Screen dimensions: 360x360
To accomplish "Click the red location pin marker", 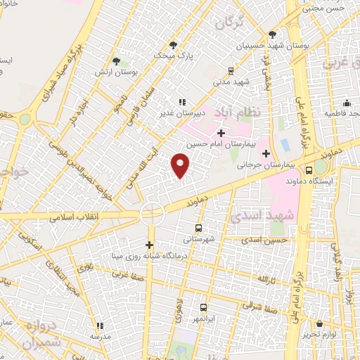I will pos(181,166).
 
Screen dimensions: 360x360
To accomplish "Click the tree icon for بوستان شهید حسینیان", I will pos(273,34).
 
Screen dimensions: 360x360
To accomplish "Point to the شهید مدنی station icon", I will pos(231,70).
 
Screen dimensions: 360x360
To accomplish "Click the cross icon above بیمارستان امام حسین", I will pos(221,131).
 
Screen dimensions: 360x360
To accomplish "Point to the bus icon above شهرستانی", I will pos(198,227).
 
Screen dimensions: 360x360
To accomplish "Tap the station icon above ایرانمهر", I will pos(204,307).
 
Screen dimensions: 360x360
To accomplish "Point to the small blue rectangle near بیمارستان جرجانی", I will pos(285,145).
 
